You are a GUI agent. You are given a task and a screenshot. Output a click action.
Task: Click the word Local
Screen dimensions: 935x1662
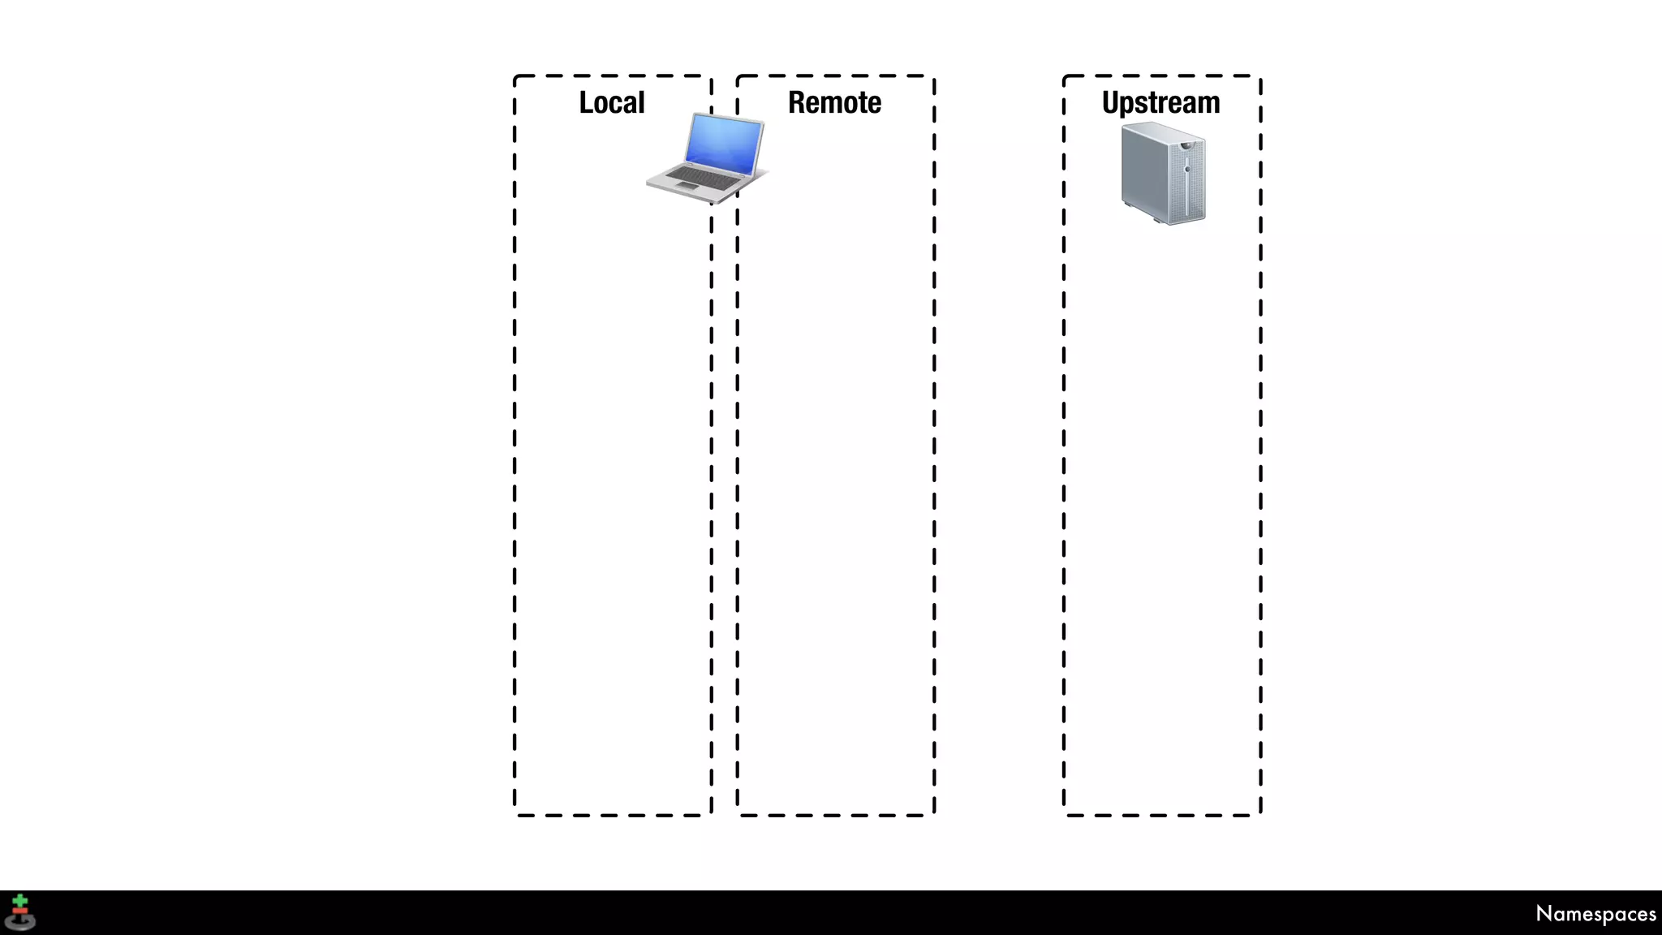[612, 103]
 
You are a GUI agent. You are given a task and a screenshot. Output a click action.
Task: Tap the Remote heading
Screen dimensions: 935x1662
[834, 103]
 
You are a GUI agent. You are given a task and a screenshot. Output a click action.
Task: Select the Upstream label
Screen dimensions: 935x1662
[1160, 103]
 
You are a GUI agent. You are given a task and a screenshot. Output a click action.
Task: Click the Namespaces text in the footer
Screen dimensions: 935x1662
[1595, 914]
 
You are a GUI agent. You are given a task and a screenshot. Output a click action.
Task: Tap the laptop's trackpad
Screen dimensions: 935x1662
[687, 187]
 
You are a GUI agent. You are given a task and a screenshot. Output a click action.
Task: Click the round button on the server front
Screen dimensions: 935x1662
[1188, 169]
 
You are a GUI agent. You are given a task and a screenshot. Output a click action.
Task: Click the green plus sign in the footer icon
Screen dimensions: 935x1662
[20, 902]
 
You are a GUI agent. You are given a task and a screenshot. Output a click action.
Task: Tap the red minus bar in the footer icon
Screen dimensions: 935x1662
[20, 911]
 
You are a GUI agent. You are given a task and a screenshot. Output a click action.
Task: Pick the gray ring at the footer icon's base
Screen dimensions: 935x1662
[20, 922]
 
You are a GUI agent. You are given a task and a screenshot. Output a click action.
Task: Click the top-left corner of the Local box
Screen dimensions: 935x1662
[515, 76]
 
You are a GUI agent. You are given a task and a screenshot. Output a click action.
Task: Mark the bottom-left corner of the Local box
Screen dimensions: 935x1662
[515, 815]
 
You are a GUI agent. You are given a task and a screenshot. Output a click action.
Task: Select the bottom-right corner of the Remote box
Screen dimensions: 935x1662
[934, 815]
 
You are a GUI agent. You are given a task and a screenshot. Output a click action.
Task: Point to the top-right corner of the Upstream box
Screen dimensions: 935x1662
[1260, 76]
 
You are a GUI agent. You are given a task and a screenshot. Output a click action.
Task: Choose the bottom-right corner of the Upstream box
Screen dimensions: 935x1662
[1260, 815]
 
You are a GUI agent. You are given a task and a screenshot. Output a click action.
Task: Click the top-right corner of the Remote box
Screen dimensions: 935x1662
[934, 76]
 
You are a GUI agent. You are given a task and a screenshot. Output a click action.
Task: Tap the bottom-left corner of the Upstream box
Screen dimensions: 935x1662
[1064, 815]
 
